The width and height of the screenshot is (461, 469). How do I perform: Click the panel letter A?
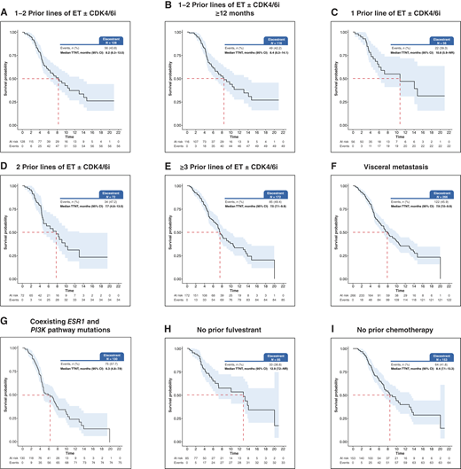point(5,7)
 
